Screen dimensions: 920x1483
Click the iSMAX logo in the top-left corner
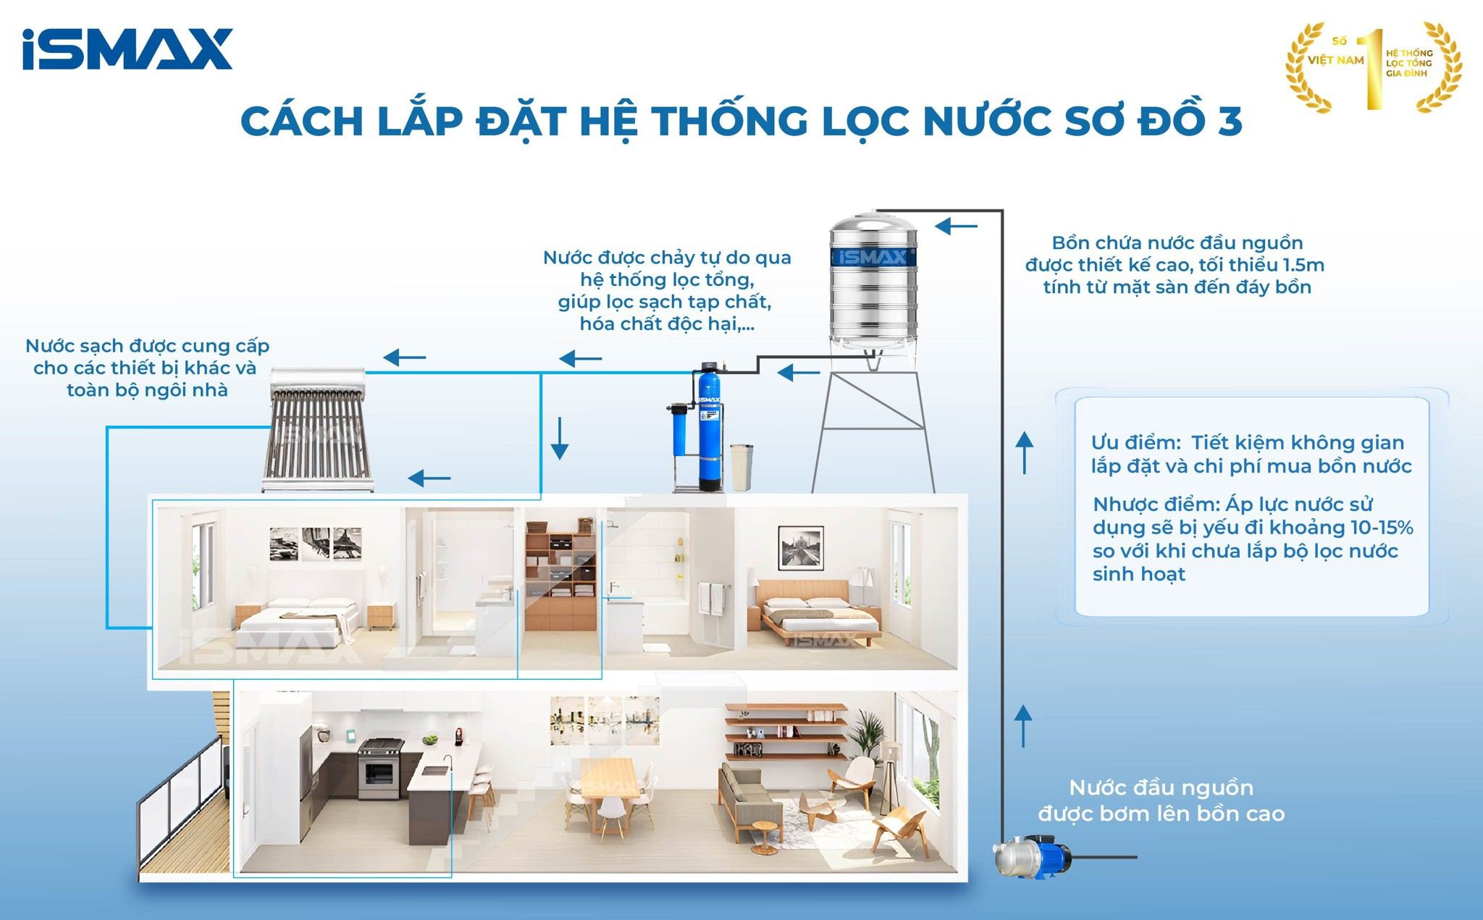(x=127, y=49)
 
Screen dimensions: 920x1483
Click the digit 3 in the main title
(x=1230, y=122)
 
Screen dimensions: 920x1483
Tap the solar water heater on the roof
(x=319, y=431)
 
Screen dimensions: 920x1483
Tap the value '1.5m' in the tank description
(x=1303, y=265)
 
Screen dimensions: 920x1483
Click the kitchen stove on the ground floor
(x=379, y=768)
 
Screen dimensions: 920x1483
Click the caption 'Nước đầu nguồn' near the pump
(x=1161, y=788)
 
